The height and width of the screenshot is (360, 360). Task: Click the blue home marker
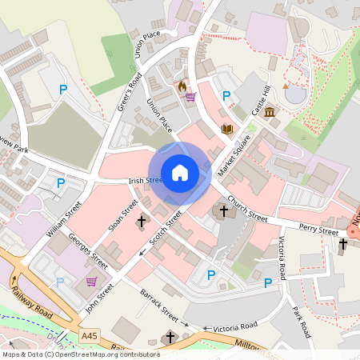(180, 172)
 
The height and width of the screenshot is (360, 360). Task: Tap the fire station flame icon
(182, 86)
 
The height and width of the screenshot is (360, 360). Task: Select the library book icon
(227, 128)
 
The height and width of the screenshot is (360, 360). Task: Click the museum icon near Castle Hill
(270, 112)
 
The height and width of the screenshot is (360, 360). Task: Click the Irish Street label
(145, 181)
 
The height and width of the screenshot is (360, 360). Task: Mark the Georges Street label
(88, 250)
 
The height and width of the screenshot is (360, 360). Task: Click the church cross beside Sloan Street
(142, 221)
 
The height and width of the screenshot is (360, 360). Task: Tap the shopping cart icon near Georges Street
(91, 282)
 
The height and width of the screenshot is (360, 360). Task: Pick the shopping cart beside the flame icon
(190, 98)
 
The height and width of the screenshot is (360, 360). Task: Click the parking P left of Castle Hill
(226, 96)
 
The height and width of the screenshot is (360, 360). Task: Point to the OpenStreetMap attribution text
(81, 354)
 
